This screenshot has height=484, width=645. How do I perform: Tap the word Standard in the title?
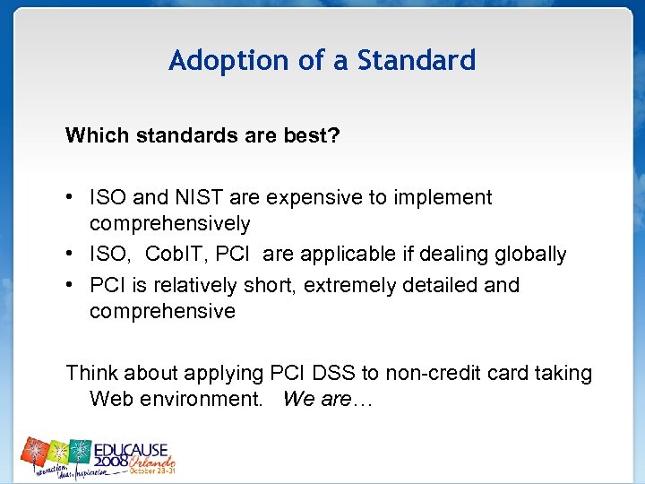(417, 61)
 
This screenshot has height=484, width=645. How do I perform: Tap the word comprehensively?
(169, 223)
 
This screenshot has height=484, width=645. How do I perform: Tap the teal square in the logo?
(80, 451)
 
